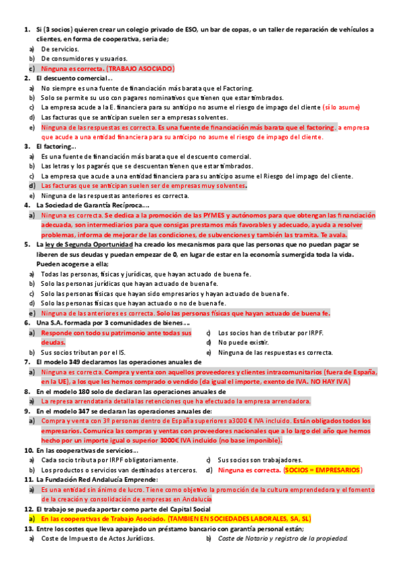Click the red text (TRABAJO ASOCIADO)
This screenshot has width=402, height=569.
[140, 68]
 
